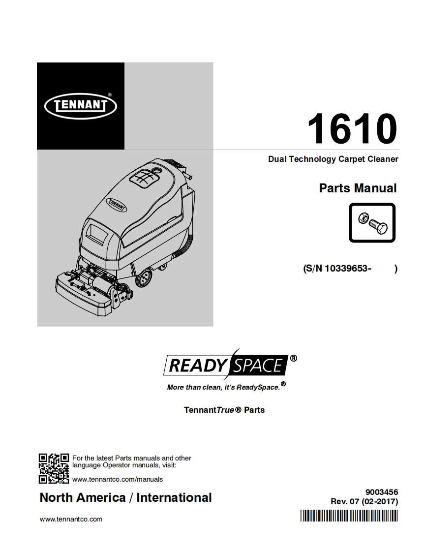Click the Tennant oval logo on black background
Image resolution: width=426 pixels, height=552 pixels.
[81, 105]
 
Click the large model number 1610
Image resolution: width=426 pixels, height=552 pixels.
[352, 129]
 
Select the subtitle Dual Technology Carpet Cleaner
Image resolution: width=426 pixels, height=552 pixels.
[333, 159]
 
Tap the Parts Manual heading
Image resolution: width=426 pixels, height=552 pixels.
[358, 188]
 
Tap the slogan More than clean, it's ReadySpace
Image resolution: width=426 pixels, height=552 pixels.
[223, 387]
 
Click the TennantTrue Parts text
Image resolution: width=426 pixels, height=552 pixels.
[224, 409]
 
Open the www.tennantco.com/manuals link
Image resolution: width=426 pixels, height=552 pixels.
[118, 479]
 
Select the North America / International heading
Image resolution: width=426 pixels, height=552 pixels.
[125, 497]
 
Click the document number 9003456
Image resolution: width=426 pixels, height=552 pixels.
[382, 492]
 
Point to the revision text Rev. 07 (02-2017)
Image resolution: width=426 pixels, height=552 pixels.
[365, 502]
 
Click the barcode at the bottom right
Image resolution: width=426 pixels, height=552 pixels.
[348, 516]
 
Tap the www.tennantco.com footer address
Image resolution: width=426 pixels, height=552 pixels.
[71, 519]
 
